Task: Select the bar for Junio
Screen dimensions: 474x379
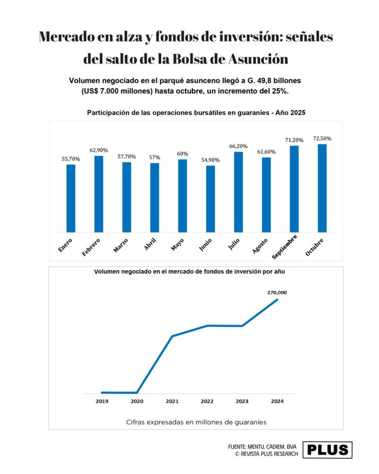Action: point(211,199)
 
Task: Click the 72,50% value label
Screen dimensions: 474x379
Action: point(322,138)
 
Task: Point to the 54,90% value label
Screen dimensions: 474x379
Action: point(211,160)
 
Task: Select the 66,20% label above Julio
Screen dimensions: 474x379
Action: point(238,146)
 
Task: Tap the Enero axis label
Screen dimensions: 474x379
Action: point(65,245)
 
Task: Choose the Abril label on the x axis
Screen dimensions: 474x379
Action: point(150,244)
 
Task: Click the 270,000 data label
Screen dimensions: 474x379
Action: point(277,293)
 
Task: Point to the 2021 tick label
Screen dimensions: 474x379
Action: point(172,401)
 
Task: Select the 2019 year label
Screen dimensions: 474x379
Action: point(102,401)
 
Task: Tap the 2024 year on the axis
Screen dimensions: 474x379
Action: point(277,401)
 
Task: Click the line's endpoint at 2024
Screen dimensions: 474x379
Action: point(277,299)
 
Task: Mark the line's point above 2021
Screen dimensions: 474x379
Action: point(172,336)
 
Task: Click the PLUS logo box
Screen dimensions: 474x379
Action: point(327,450)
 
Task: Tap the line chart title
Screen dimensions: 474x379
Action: point(189,272)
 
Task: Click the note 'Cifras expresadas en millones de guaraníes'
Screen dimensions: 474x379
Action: point(196,422)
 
